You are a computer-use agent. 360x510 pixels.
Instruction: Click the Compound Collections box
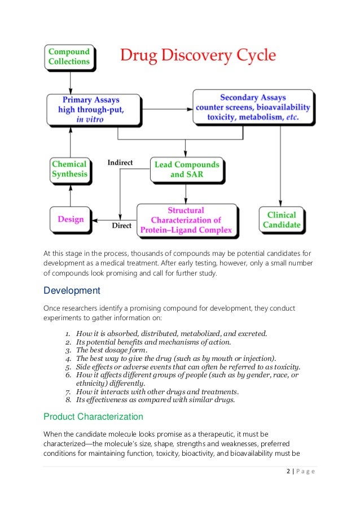69,57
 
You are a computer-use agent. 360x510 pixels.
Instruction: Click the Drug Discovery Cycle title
197,56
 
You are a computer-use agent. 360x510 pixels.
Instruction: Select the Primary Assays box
94,110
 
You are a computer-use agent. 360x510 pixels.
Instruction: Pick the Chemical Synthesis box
70,169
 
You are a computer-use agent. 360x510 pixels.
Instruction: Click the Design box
71,219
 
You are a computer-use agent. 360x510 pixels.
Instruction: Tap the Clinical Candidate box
282,220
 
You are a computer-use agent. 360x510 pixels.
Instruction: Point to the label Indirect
120,163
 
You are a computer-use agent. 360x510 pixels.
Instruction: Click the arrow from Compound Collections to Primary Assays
70,82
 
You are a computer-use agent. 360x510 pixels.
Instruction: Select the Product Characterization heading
93,417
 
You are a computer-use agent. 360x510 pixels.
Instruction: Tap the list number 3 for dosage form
69,350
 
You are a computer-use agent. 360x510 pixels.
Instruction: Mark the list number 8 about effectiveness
69,400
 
